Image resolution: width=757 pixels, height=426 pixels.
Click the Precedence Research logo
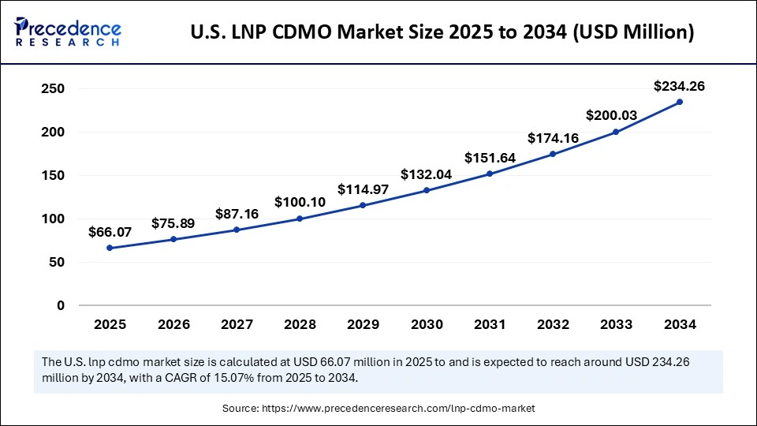pyautogui.click(x=68, y=32)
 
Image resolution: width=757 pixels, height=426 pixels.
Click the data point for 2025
pyautogui.click(x=110, y=248)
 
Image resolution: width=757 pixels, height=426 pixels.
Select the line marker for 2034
pyautogui.click(x=680, y=102)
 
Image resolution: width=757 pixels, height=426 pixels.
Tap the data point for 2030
pyautogui.click(x=427, y=190)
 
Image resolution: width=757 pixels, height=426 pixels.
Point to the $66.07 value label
pyautogui.click(x=110, y=232)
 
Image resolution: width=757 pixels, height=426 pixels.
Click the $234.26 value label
pyautogui.click(x=679, y=86)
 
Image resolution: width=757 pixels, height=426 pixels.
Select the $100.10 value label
pyautogui.click(x=300, y=203)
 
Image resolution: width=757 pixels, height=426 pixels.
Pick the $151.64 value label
pyautogui.click(x=490, y=158)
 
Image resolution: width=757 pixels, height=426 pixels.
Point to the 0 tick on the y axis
pyautogui.click(x=60, y=305)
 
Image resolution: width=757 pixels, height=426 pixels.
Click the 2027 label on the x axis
pyautogui.click(x=236, y=324)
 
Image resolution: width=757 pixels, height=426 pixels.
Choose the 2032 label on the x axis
pyautogui.click(x=553, y=324)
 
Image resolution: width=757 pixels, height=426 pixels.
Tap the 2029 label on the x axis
pyautogui.click(x=363, y=324)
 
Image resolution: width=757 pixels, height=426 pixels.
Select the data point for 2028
pyautogui.click(x=300, y=219)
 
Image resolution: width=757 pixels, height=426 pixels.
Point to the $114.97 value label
pyautogui.click(x=363, y=189)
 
